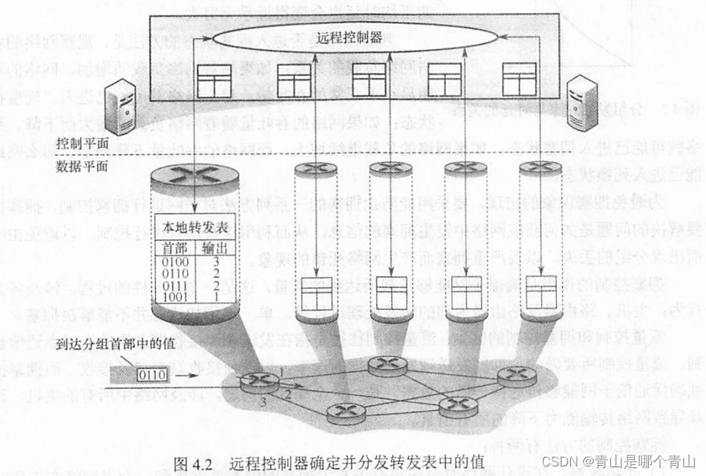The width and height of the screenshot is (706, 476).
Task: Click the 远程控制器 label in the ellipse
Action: [349, 37]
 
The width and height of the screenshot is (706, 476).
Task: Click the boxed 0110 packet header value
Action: [152, 376]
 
